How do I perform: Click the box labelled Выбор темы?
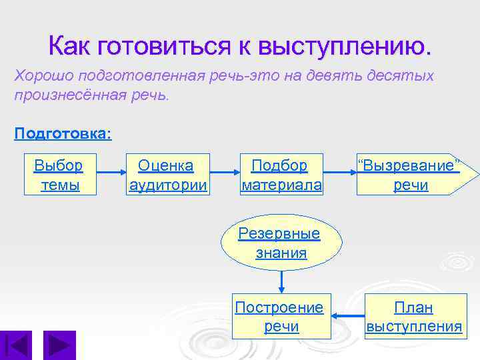(59, 175)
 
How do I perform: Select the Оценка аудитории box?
(168, 175)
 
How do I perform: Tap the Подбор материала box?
(281, 175)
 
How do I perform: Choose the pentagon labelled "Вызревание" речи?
(413, 175)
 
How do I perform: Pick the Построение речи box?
(281, 317)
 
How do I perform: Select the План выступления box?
(414, 317)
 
